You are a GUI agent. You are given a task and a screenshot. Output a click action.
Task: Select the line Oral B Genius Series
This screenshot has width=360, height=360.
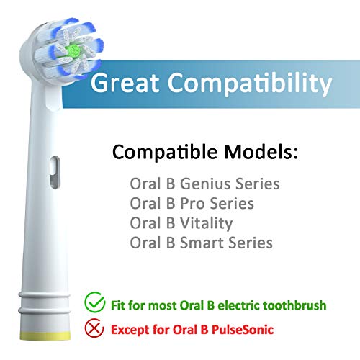204,184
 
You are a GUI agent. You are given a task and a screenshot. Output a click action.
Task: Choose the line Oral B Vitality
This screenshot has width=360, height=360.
182,223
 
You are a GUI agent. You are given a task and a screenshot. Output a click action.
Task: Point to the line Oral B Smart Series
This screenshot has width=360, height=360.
202,243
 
